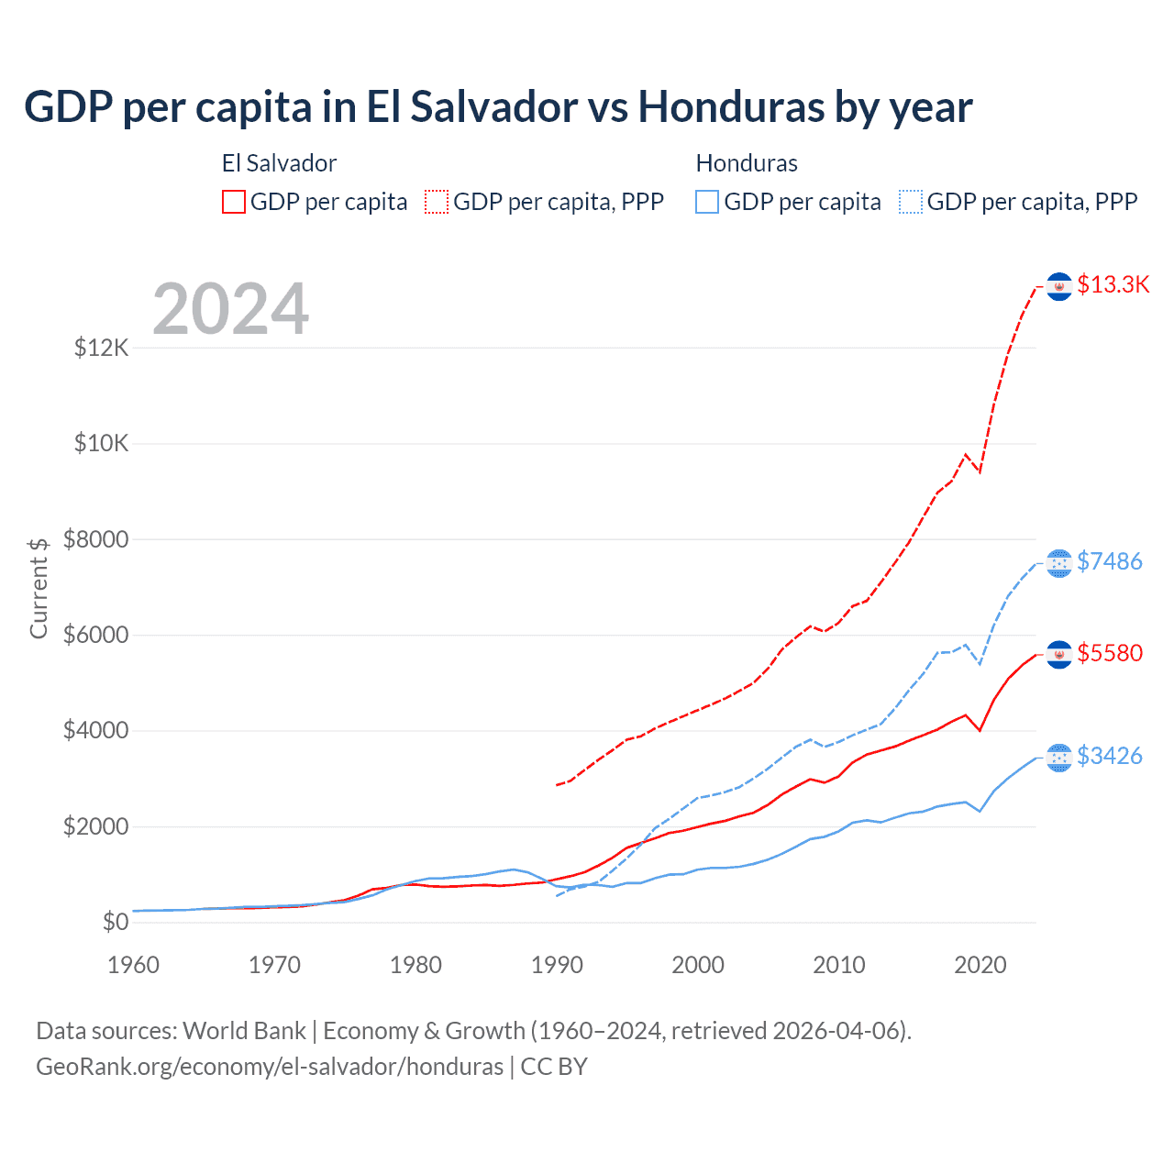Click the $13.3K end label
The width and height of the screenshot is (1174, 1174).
pyautogui.click(x=1113, y=285)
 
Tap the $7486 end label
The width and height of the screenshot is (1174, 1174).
pyautogui.click(x=1109, y=561)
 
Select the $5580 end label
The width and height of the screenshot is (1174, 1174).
pyautogui.click(x=1109, y=653)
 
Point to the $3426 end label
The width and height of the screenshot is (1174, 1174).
pyautogui.click(x=1109, y=756)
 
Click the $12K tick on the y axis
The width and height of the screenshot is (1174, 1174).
pyautogui.click(x=102, y=349)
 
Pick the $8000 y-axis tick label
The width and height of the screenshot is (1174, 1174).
pyautogui.click(x=95, y=539)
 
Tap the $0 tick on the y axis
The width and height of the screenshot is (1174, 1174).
pyautogui.click(x=115, y=922)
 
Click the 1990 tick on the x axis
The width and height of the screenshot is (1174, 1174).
pyautogui.click(x=557, y=965)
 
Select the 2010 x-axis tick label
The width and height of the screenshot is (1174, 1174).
pyautogui.click(x=839, y=965)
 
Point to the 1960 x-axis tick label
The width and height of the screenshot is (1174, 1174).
pyautogui.click(x=134, y=965)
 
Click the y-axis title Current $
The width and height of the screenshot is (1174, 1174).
pyautogui.click(x=39, y=588)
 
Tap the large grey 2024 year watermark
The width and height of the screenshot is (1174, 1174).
pyautogui.click(x=230, y=309)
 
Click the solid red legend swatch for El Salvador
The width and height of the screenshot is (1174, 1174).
pyautogui.click(x=234, y=202)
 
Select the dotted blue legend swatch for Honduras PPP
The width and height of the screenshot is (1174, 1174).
pyautogui.click(x=911, y=202)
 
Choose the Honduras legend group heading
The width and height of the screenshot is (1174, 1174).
pyautogui.click(x=747, y=163)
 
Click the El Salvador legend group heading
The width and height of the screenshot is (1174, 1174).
pyautogui.click(x=279, y=163)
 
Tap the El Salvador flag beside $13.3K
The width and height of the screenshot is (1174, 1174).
pyautogui.click(x=1059, y=286)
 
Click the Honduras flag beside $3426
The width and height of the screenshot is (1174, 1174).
pyautogui.click(x=1059, y=757)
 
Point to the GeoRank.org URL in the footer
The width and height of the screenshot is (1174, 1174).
pyautogui.click(x=270, y=1067)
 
